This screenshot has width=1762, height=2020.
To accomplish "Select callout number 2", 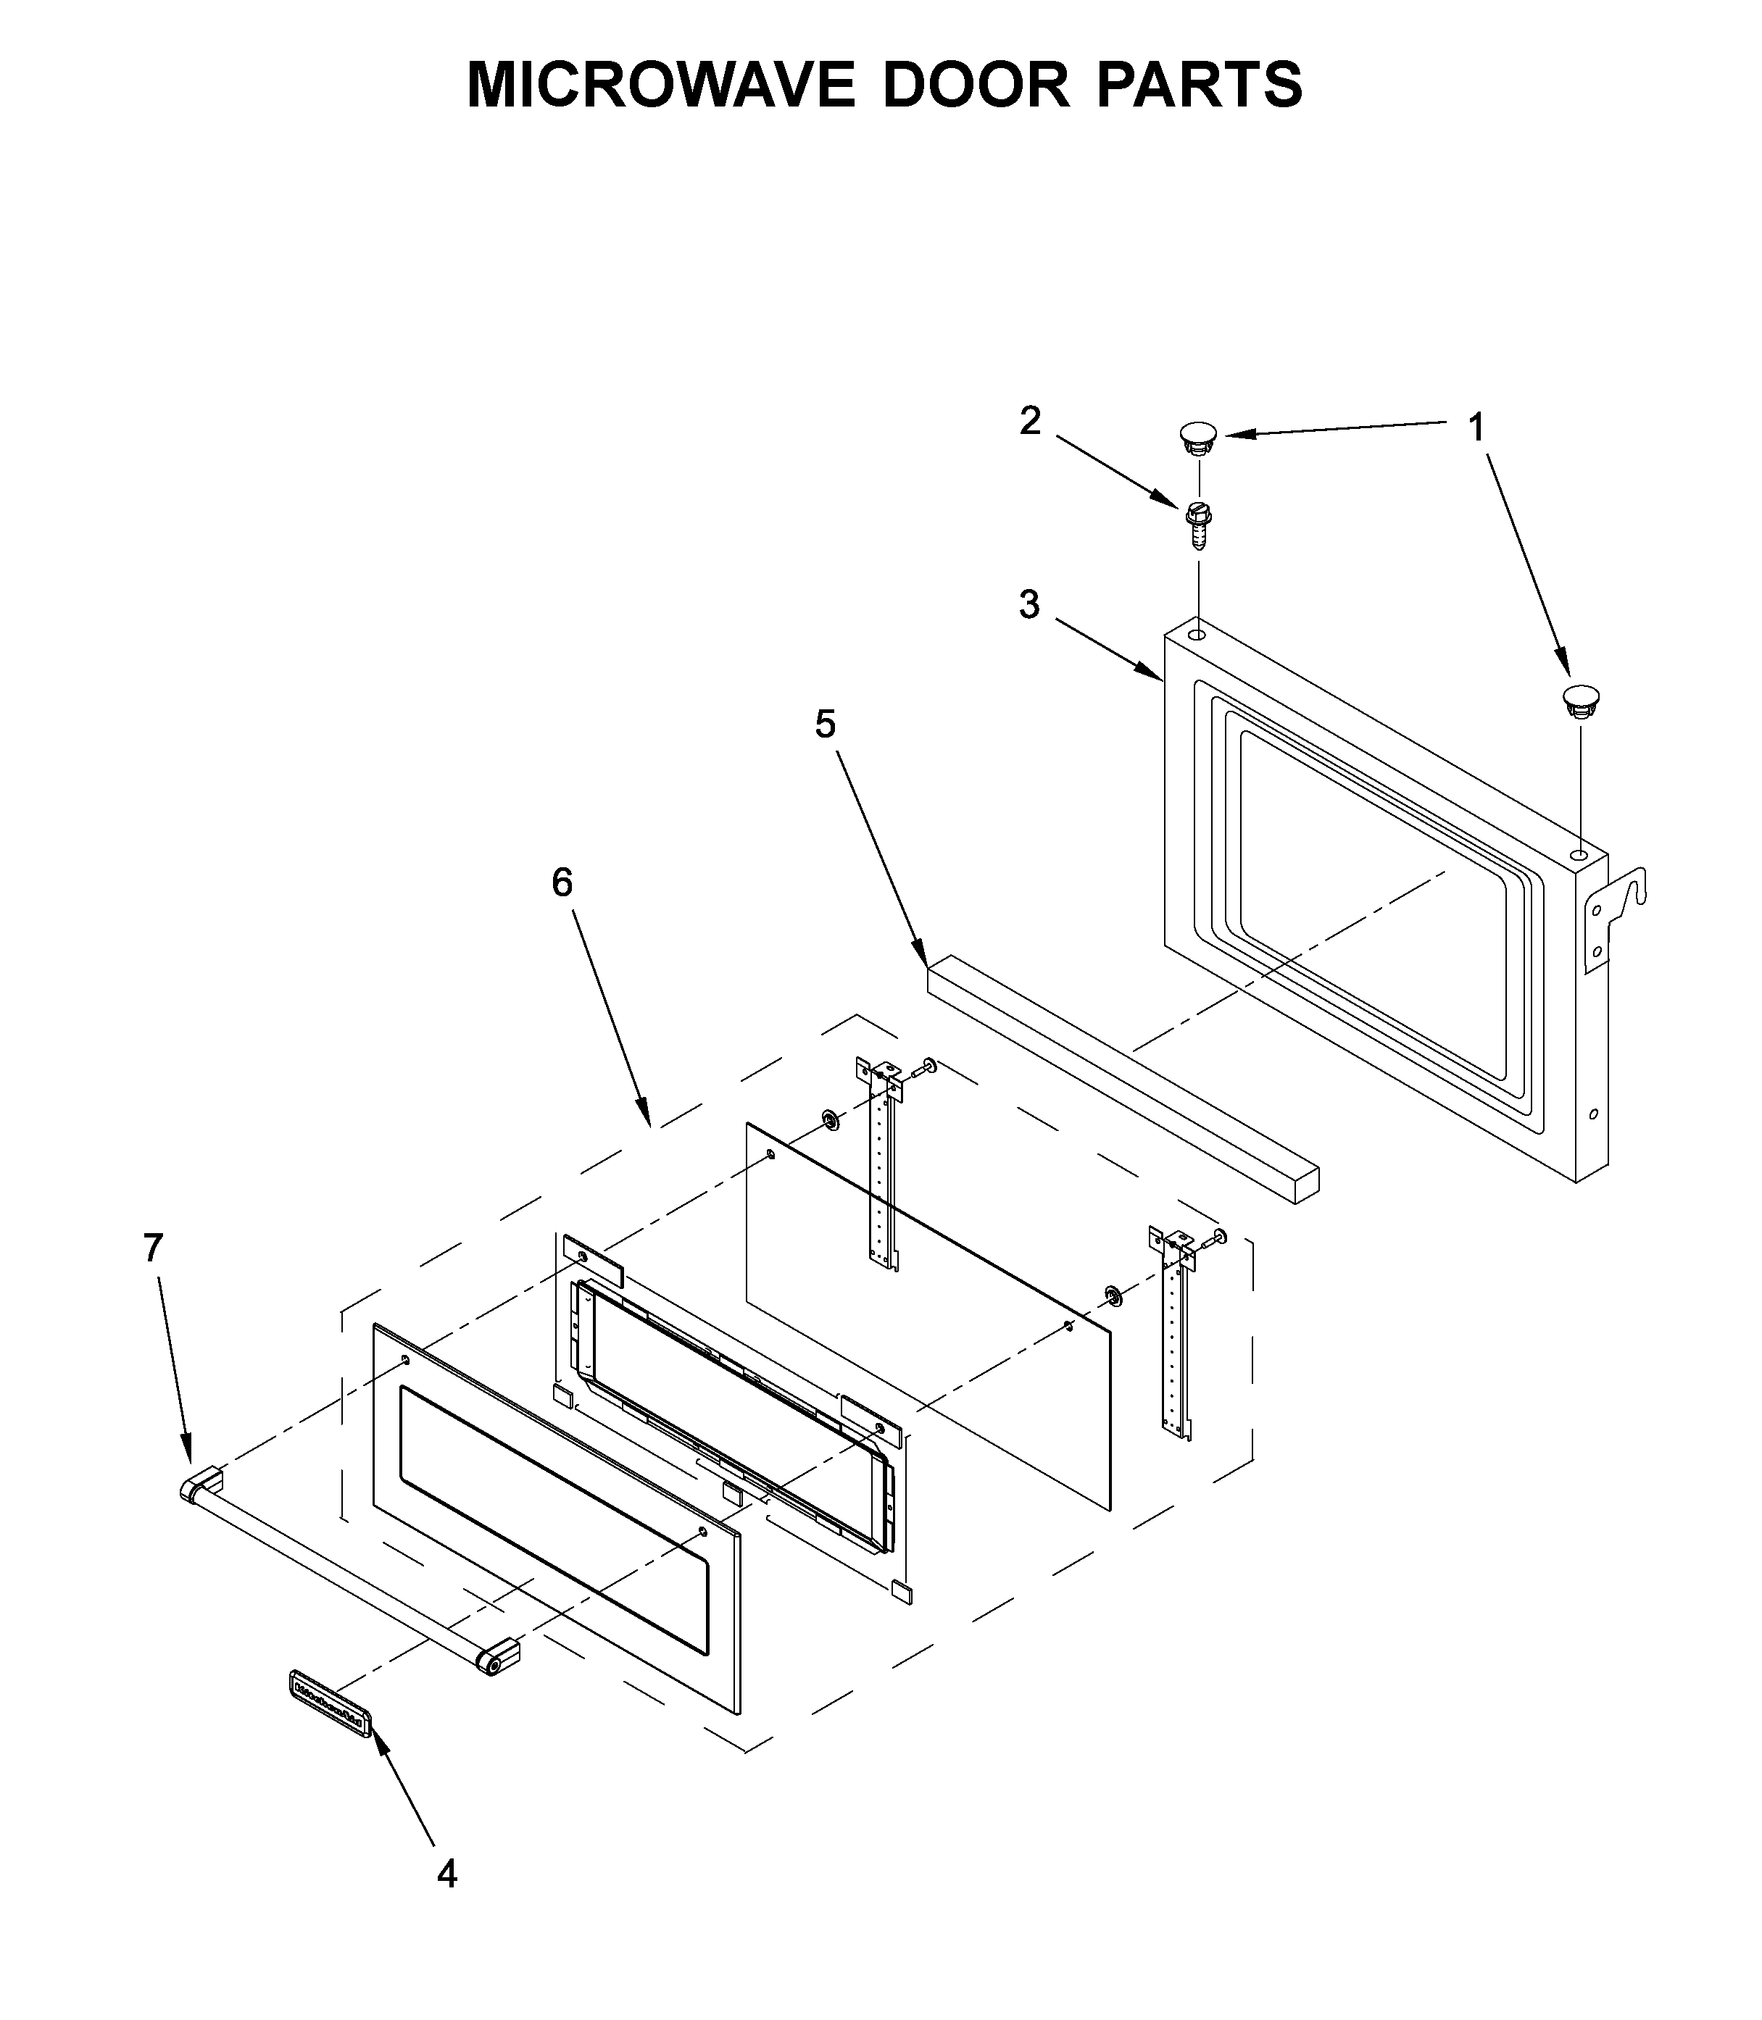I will [x=1029, y=422].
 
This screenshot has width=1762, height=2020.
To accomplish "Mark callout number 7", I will [x=152, y=1248].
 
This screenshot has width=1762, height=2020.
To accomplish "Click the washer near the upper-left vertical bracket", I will [x=830, y=1119].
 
